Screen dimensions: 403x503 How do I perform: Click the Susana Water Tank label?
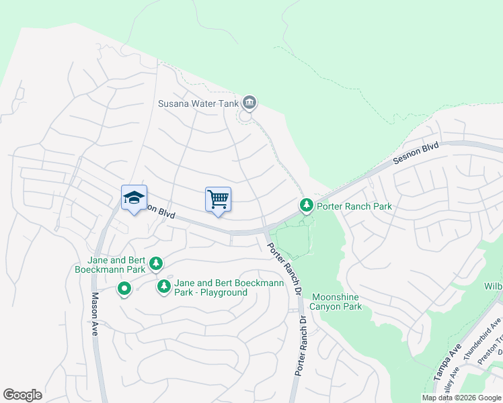click(x=199, y=103)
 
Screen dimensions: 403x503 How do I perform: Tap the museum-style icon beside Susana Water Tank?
click(x=249, y=103)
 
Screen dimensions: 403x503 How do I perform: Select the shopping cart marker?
click(x=218, y=200)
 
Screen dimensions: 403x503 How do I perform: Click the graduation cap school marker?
click(x=134, y=198)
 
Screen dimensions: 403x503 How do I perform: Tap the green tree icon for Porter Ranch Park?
click(x=306, y=204)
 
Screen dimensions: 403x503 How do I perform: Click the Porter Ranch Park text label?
click(x=354, y=206)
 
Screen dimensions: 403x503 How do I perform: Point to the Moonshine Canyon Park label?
click(x=335, y=302)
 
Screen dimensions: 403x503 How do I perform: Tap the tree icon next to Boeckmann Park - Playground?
click(x=163, y=287)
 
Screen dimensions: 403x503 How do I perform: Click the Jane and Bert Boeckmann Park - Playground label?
click(x=229, y=287)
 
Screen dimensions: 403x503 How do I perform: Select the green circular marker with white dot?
click(x=124, y=289)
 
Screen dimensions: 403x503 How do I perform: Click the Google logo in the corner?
click(x=22, y=395)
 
